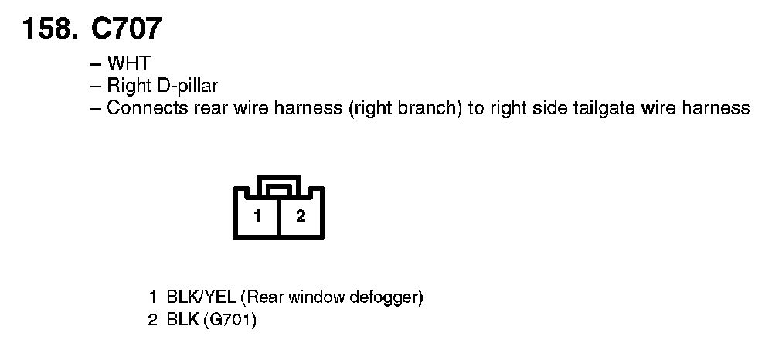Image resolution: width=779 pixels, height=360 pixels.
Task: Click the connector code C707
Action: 126,29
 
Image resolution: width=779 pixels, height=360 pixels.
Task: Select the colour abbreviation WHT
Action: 128,64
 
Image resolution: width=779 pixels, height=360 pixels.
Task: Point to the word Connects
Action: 145,107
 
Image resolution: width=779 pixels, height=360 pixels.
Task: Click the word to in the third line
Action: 476,107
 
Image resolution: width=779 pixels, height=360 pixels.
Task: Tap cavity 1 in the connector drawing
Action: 257,216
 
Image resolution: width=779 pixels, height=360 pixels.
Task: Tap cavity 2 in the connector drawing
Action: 301,216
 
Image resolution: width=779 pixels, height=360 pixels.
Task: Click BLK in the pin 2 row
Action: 182,318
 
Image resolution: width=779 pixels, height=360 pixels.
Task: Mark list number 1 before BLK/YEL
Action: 154,297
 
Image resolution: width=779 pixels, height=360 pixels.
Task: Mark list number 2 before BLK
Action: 153,318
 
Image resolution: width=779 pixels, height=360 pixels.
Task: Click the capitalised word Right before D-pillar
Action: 127,86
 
